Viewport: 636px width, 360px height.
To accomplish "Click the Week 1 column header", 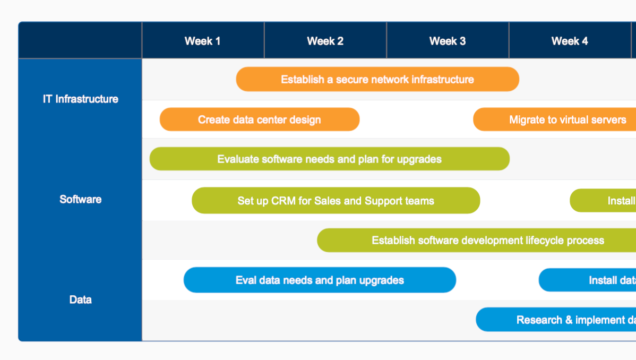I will pyautogui.click(x=203, y=41).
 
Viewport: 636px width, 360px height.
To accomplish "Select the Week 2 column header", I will pyautogui.click(x=325, y=41).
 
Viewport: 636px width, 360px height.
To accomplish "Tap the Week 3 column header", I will pyautogui.click(x=448, y=41).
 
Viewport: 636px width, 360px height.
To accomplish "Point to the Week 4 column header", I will pyautogui.click(x=570, y=41).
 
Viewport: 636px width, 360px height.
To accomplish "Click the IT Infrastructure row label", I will pyautogui.click(x=81, y=99).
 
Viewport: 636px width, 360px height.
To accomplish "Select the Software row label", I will pyautogui.click(x=81, y=199).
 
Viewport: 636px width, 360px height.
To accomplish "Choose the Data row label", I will pyautogui.click(x=81, y=299).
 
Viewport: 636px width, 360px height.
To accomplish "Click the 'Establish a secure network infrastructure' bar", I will pyautogui.click(x=377, y=79).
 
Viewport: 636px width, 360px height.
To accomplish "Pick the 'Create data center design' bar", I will pyautogui.click(x=260, y=119).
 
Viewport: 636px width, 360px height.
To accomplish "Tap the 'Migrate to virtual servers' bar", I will pyautogui.click(x=555, y=119).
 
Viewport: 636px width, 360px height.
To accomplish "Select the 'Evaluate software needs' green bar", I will pyautogui.click(x=329, y=159).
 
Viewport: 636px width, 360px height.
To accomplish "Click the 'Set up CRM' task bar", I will pyautogui.click(x=336, y=201).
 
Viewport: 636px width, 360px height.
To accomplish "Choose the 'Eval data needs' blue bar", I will pyautogui.click(x=320, y=280).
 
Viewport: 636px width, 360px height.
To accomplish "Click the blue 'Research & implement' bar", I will pyautogui.click(x=556, y=320).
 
